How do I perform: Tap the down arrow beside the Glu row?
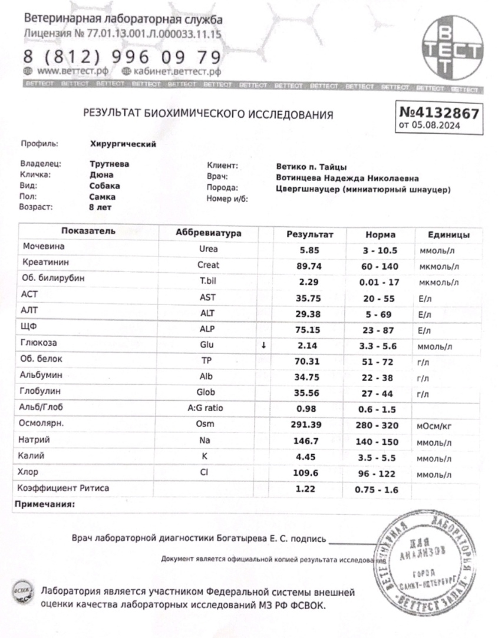pyautogui.click(x=263, y=345)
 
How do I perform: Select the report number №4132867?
pyautogui.click(x=440, y=112)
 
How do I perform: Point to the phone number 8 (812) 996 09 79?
pyautogui.click(x=123, y=57)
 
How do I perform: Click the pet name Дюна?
pyautogui.click(x=101, y=175)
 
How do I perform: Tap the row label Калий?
pyautogui.click(x=32, y=456)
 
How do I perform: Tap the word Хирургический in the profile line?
pyautogui.click(x=123, y=144)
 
